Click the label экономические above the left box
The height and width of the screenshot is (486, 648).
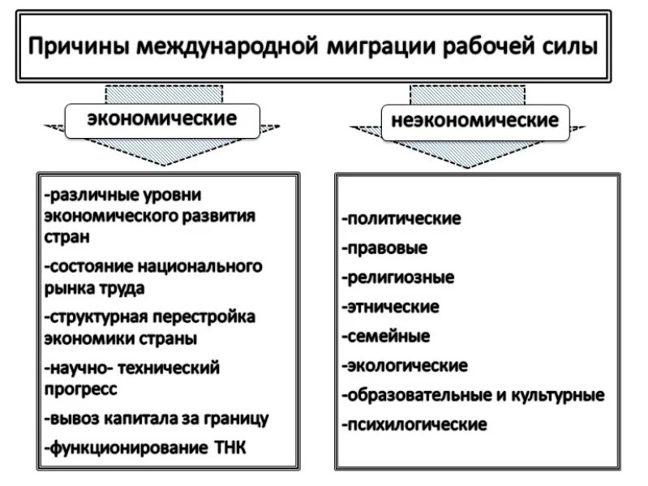tap(162, 119)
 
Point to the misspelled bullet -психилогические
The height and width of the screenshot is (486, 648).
tap(414, 424)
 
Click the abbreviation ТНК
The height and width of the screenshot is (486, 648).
tap(229, 447)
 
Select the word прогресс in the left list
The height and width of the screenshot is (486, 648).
tap(80, 389)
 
